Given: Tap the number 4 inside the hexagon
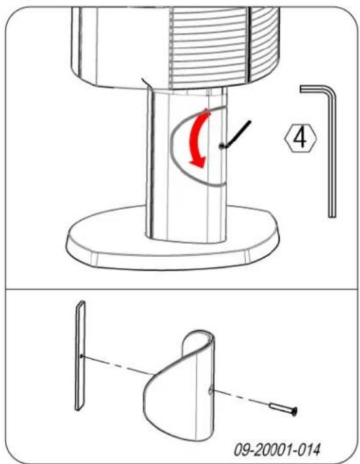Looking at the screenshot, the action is click(x=301, y=139).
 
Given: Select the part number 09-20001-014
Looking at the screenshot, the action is click(x=277, y=450).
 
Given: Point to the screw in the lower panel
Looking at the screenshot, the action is click(x=284, y=408).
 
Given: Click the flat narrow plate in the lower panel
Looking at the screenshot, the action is click(x=80, y=356).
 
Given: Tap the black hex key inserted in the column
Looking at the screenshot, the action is click(x=235, y=135).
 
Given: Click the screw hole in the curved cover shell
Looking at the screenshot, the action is click(x=210, y=391).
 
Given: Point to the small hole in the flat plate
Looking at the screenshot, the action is click(x=82, y=356).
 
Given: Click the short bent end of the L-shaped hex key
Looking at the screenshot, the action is click(x=314, y=89).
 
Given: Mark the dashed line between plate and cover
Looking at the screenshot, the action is click(x=118, y=365).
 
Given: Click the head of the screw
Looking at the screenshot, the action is click(x=294, y=411).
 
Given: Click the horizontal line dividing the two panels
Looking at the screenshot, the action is click(x=180, y=288).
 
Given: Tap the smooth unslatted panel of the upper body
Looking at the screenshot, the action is click(x=124, y=44).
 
